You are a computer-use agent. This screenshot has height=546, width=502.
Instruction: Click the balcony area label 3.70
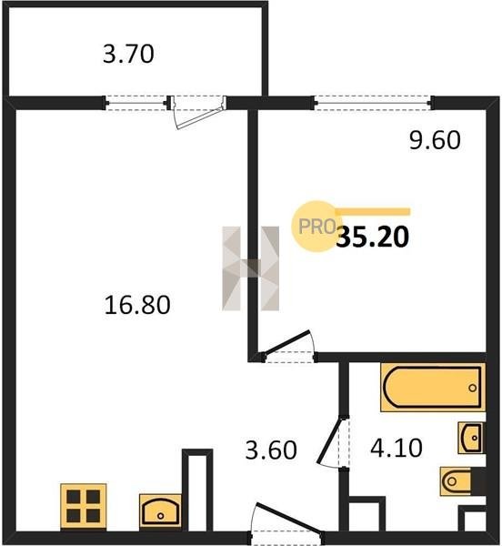[128, 55]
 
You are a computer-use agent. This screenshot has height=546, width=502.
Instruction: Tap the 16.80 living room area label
[137, 305]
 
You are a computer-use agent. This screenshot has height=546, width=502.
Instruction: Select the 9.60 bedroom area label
[435, 140]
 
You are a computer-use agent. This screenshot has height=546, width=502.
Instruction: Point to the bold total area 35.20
[372, 237]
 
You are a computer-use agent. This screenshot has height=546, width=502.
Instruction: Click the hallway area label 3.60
[271, 450]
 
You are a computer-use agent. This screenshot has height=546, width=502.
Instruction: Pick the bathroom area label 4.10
[397, 448]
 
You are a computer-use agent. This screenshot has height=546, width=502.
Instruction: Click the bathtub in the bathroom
[433, 388]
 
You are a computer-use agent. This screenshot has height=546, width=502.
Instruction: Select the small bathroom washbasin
[471, 438]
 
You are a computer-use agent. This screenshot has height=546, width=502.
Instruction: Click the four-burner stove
[84, 506]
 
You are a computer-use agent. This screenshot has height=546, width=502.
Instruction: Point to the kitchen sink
[160, 511]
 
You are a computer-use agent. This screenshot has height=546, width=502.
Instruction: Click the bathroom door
[333, 442]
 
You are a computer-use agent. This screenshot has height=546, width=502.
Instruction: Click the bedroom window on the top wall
[373, 103]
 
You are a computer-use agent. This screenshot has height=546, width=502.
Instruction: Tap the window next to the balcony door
[136, 103]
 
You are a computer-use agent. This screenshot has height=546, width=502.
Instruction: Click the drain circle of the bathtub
[472, 388]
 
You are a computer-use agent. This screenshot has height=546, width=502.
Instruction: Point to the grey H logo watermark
[250, 268]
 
